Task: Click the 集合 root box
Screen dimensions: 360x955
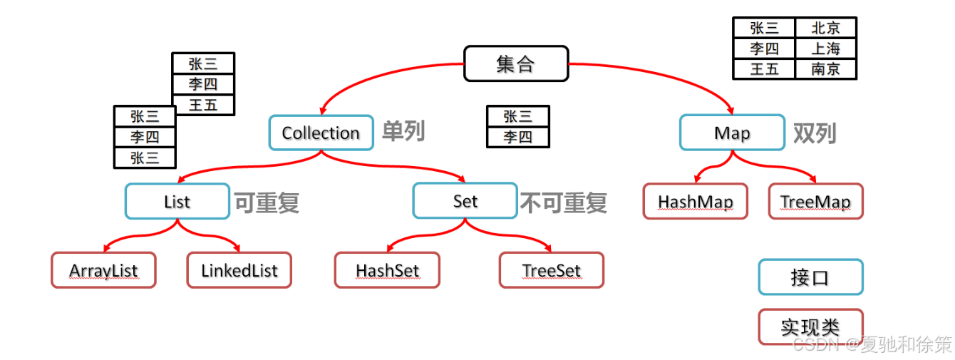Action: [x=516, y=63]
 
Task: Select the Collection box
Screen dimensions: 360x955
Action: [x=321, y=133]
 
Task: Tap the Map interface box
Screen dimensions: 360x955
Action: [x=732, y=133]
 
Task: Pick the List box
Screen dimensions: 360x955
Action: [x=177, y=202]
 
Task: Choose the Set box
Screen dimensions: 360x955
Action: [x=465, y=201]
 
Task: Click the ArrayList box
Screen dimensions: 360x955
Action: [x=103, y=270]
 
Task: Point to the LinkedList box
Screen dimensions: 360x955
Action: [x=239, y=270]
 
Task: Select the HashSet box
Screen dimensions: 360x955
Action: [x=387, y=270]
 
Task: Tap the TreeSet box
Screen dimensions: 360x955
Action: [x=551, y=270]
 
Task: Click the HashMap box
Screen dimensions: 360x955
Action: [x=695, y=201]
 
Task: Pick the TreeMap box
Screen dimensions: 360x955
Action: [x=815, y=201]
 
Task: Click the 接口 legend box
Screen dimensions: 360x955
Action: [x=810, y=277]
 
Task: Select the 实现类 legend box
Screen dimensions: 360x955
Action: [x=810, y=326]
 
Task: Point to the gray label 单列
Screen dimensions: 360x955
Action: [x=403, y=131]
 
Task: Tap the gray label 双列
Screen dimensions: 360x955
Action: [x=814, y=133]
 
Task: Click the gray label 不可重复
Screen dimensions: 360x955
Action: [x=563, y=202]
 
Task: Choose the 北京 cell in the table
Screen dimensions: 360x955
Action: [x=825, y=28]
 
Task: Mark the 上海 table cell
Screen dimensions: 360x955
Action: [x=825, y=48]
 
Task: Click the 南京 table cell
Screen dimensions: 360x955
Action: [x=825, y=68]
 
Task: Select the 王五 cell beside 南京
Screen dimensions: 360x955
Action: [x=764, y=68]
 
